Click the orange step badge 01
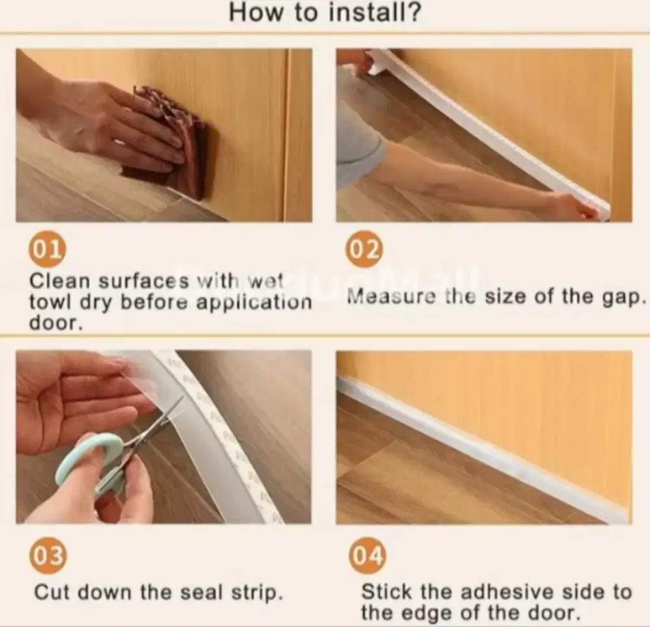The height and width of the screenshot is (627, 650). (47, 250)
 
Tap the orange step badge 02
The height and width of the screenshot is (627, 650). (364, 249)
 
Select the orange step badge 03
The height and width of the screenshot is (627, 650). (47, 555)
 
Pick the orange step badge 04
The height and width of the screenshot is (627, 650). (367, 555)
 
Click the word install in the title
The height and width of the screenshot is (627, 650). (374, 12)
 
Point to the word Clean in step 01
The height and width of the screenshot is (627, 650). (59, 281)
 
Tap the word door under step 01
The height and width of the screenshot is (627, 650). (55, 323)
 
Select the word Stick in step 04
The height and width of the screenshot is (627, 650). (387, 592)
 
